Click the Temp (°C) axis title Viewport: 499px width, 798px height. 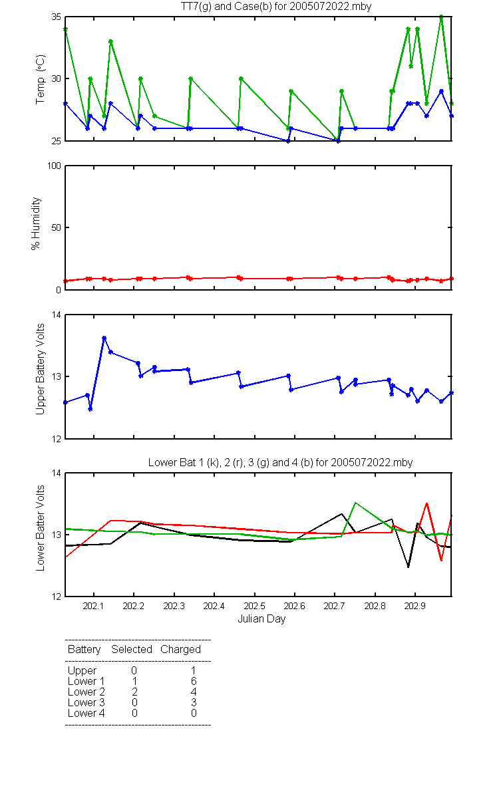[41, 79]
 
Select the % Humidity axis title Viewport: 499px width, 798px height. [36, 223]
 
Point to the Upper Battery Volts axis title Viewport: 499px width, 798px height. [41, 369]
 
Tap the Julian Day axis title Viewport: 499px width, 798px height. [261, 619]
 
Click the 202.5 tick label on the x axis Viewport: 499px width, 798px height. [254, 606]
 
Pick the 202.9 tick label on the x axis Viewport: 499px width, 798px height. [415, 606]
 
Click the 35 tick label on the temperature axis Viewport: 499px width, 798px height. [56, 17]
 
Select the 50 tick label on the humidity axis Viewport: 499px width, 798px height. [56, 227]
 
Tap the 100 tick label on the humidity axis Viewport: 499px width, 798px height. [54, 166]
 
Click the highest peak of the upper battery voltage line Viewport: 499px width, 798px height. [104, 338]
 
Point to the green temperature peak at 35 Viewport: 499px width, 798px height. [441, 17]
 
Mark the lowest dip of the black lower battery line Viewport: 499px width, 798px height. [408, 567]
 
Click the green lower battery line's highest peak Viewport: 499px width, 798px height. [355, 503]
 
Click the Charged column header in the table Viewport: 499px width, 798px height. [180, 650]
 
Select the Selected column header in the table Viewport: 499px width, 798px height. [132, 650]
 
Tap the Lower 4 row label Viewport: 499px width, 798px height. [86, 713]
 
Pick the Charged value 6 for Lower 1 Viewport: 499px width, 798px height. [194, 681]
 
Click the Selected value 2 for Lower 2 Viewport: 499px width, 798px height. [134, 692]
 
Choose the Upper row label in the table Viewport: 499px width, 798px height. [82, 671]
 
